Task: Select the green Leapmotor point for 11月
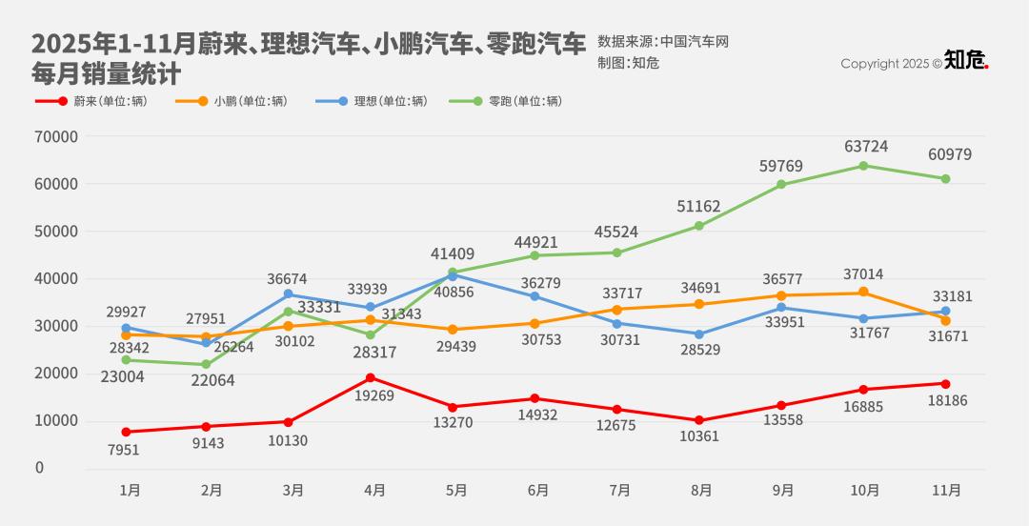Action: (945, 179)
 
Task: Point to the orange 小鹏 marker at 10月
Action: (863, 292)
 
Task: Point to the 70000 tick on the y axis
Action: (56, 136)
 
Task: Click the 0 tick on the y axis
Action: (39, 468)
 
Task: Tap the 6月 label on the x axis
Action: (538, 491)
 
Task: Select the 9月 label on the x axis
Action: (783, 491)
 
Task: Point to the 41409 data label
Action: (453, 254)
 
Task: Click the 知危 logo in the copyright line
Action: (966, 61)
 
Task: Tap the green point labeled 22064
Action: (207, 364)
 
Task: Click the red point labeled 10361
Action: (699, 420)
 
